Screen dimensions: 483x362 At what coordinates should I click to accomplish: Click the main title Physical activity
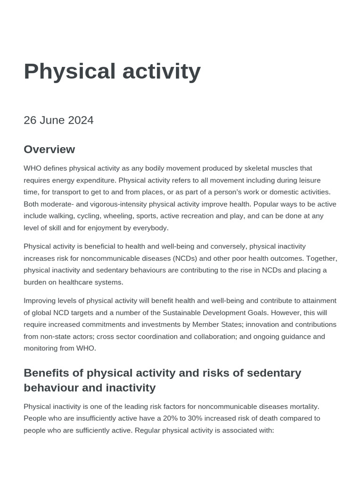pos(112,72)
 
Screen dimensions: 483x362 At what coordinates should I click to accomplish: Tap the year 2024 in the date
pos(81,120)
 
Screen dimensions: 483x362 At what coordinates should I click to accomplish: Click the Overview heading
pos(49,150)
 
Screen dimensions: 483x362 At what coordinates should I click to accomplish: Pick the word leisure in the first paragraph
pos(308,180)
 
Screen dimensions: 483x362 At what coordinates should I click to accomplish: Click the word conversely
pos(228,246)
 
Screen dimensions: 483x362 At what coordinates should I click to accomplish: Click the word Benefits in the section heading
pos(46,373)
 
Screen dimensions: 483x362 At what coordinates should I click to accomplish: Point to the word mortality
pos(303,406)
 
